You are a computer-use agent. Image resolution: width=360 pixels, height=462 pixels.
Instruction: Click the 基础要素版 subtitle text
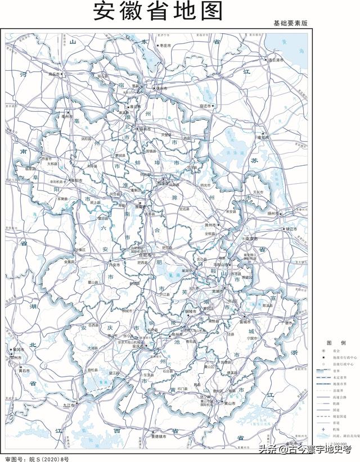[290, 24]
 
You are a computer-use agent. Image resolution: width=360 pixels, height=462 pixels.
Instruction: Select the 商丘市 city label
[54, 74]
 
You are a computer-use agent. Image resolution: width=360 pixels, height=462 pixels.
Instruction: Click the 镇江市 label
[291, 229]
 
